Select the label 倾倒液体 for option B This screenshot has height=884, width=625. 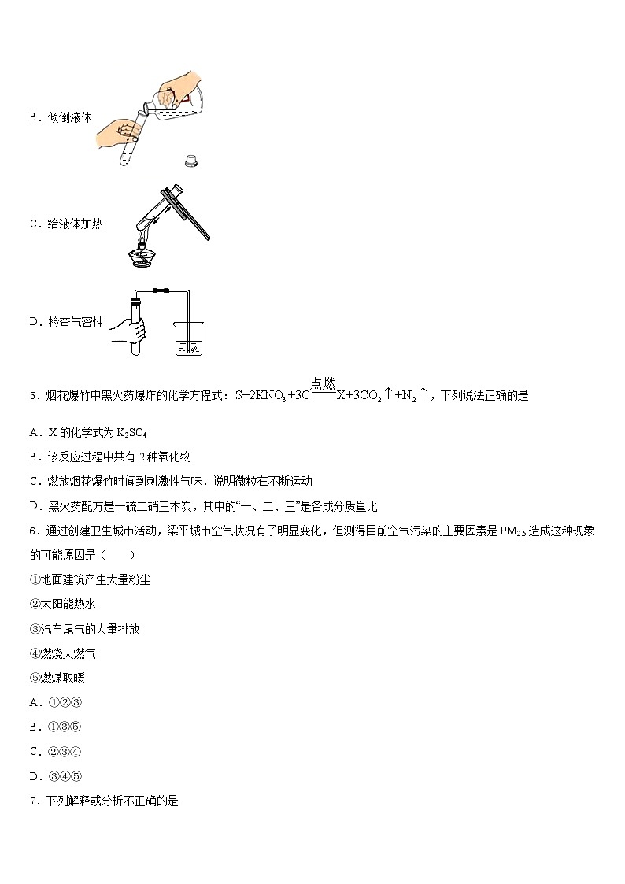[70, 117]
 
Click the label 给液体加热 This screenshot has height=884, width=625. [76, 224]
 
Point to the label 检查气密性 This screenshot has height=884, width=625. [76, 322]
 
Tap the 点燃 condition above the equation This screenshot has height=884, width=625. [323, 383]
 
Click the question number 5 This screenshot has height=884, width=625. [32, 396]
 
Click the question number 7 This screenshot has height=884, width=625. [32, 801]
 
